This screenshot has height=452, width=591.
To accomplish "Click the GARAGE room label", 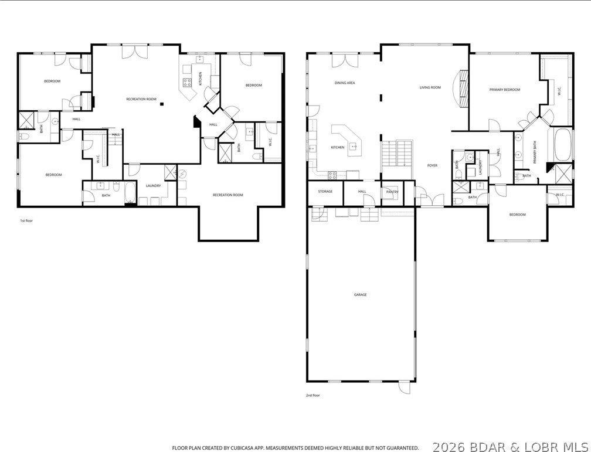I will (x=360, y=294).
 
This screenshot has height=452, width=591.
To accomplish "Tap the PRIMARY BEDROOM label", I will (x=505, y=90).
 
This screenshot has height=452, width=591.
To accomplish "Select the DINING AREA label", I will (x=345, y=83).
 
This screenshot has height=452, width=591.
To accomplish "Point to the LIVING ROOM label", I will (x=430, y=87).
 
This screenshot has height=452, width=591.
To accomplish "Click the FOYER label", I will (x=432, y=165).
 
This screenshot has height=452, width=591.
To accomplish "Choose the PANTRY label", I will (x=392, y=191).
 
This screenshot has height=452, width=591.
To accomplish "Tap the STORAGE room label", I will (x=325, y=191).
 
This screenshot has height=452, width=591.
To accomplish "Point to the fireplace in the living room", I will (x=463, y=89).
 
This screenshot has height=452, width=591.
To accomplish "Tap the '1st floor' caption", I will (x=26, y=221).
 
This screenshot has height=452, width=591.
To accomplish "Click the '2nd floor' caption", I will (x=313, y=395).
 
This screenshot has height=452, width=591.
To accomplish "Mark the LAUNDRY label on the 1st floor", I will (x=154, y=186).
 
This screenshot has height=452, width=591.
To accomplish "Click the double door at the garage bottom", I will (x=403, y=388).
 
